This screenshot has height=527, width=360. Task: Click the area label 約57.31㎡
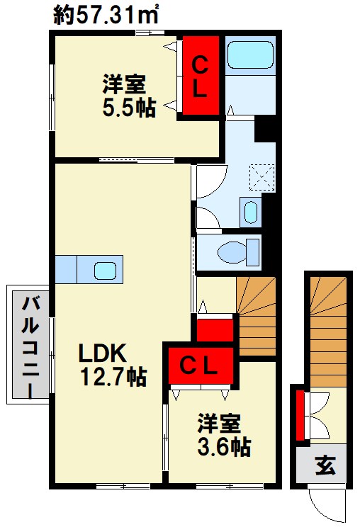click(106, 15)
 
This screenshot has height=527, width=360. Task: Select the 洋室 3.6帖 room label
click(223, 435)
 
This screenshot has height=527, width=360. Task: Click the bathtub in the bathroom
click(250, 55)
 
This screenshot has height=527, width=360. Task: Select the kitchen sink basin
click(105, 271)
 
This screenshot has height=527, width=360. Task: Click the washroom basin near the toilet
click(251, 212)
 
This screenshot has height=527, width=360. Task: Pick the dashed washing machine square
click(261, 178)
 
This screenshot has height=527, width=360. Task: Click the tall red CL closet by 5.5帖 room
click(201, 75)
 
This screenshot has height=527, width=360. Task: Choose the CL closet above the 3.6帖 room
click(201, 365)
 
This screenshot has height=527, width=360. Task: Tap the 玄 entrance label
click(325, 465)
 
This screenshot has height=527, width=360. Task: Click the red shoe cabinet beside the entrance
click(300, 414)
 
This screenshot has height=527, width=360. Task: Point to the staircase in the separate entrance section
click(328, 331)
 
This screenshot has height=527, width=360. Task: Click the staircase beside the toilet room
click(257, 316)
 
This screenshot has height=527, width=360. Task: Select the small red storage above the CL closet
click(215, 330)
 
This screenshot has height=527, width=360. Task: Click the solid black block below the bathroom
click(265, 129)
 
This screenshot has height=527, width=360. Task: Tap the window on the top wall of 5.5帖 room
click(150, 33)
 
